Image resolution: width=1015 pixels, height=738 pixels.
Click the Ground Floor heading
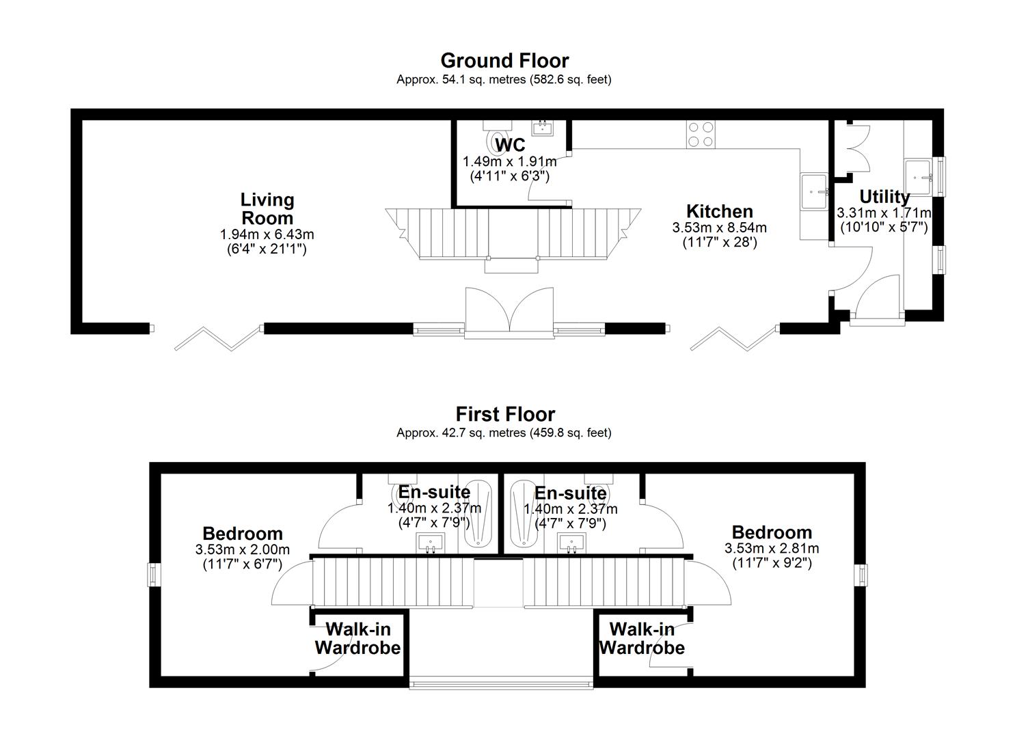(x=504, y=61)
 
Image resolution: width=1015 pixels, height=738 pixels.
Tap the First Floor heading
(x=505, y=414)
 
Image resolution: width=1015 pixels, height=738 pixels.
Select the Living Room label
(x=267, y=209)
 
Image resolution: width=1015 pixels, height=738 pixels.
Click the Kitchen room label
(x=719, y=211)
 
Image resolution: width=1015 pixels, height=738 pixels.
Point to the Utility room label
(x=884, y=197)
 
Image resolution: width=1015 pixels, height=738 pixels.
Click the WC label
(x=510, y=145)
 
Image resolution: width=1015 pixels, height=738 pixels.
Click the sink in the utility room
(x=920, y=176)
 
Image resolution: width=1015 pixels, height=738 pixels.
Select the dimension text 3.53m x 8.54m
(x=719, y=228)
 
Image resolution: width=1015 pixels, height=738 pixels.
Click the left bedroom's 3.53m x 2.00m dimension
(x=242, y=549)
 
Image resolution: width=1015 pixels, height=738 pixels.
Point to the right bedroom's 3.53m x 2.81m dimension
(x=771, y=548)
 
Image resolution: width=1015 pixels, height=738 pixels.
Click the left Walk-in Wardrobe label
(x=357, y=638)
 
